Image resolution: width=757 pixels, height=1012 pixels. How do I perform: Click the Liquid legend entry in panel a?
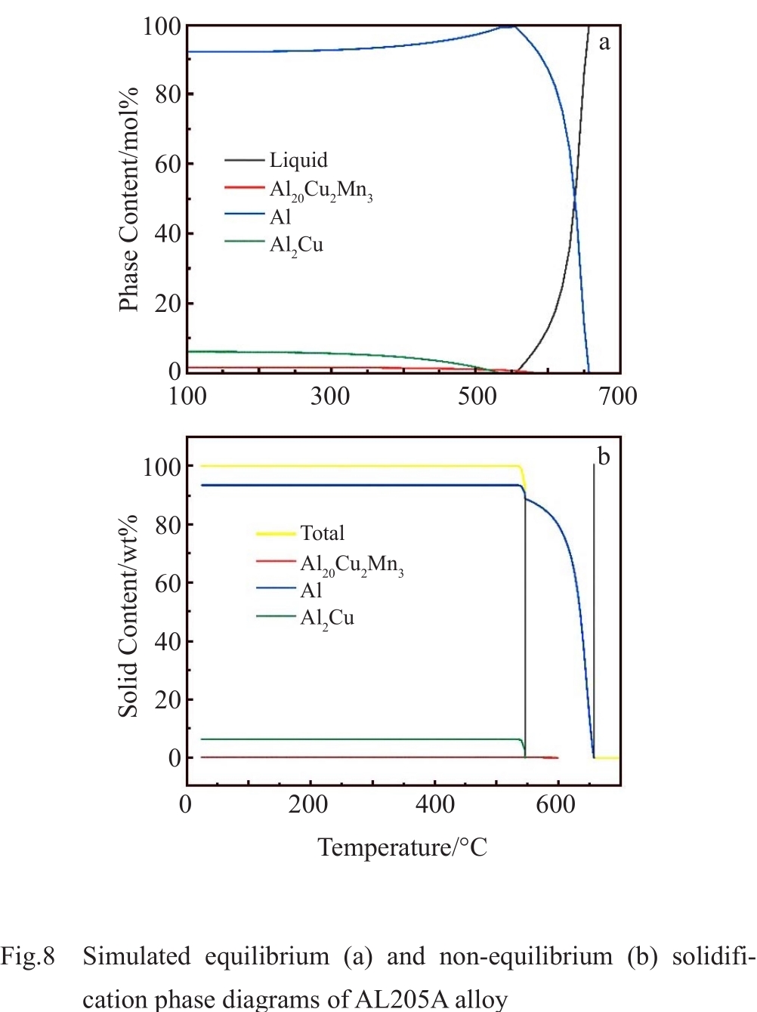[x=298, y=160]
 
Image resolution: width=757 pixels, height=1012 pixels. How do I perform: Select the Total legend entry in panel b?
[x=322, y=533]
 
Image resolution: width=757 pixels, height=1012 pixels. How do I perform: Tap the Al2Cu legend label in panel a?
[x=296, y=245]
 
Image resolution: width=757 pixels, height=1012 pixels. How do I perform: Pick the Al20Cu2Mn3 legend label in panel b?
[x=351, y=564]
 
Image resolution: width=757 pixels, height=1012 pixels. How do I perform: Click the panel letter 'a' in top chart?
[x=604, y=42]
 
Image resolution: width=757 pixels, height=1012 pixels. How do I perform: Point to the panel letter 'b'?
[x=604, y=456]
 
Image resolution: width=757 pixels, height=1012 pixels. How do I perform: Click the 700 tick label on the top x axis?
[x=618, y=396]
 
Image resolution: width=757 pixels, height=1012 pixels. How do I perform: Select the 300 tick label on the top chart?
[x=330, y=396]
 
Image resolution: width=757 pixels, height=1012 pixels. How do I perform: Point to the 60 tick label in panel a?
[x=168, y=164]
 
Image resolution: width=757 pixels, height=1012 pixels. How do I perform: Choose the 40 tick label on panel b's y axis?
[x=168, y=641]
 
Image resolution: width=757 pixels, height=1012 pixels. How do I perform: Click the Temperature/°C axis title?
[x=402, y=847]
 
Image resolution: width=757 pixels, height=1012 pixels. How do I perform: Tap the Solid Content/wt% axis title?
[x=128, y=616]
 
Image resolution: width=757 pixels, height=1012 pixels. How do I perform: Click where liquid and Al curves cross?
[x=575, y=194]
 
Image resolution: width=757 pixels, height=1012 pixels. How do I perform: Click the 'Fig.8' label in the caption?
[x=28, y=957]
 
